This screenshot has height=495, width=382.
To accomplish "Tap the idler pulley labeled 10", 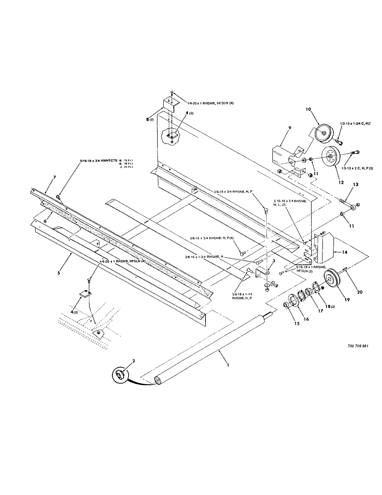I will click(322, 132).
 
